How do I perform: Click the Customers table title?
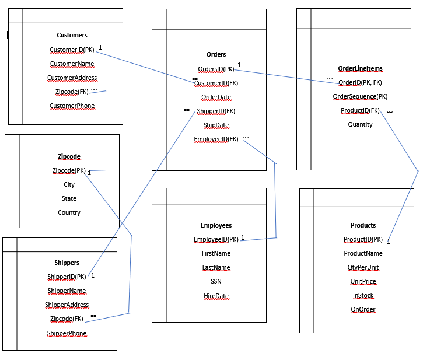pyautogui.click(x=72, y=35)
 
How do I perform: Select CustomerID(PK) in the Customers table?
pyautogui.click(x=72, y=50)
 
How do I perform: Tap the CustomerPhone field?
pyautogui.click(x=72, y=106)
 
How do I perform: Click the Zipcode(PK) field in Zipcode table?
pyautogui.click(x=69, y=170)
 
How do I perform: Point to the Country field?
pyautogui.click(x=69, y=212)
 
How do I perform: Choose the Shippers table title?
pyautogui.click(x=67, y=263)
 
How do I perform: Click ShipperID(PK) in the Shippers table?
pyautogui.click(x=67, y=277)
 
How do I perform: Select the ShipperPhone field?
pyautogui.click(x=67, y=333)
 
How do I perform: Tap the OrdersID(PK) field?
pyautogui.click(x=216, y=69)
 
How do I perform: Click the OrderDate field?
pyautogui.click(x=216, y=97)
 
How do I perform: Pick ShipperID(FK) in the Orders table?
pyautogui.click(x=216, y=111)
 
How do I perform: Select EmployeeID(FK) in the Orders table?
pyautogui.click(x=216, y=139)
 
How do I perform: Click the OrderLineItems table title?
pyautogui.click(x=360, y=68)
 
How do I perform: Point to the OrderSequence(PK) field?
pyautogui.click(x=360, y=96)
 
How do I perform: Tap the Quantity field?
pyautogui.click(x=360, y=124)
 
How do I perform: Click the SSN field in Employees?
pyautogui.click(x=216, y=281)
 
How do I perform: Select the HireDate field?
pyautogui.click(x=216, y=296)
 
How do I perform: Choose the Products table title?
pyautogui.click(x=363, y=225)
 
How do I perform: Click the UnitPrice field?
pyautogui.click(x=363, y=281)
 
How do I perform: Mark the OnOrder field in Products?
pyautogui.click(x=363, y=309)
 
